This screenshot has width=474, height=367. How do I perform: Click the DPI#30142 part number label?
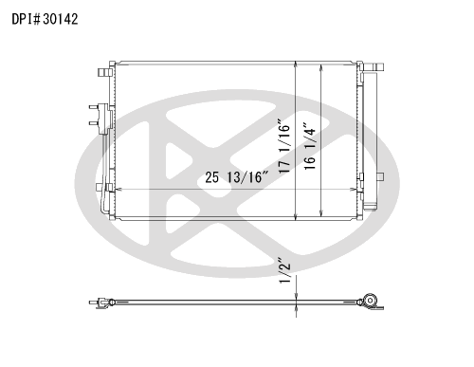click(x=45, y=19)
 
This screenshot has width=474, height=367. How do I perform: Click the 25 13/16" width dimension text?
click(x=237, y=177)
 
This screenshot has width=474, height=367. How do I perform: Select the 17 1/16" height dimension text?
click(x=284, y=146)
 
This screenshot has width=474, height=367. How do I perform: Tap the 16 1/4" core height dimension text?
click(x=310, y=146)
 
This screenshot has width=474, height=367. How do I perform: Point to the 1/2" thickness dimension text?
click(x=284, y=272)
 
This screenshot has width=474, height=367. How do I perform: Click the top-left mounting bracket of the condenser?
click(x=105, y=72)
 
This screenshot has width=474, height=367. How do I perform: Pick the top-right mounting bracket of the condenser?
click(x=374, y=67)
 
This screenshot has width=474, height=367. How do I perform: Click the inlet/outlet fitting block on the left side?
click(x=104, y=119)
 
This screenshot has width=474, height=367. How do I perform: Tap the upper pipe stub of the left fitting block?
click(x=94, y=107)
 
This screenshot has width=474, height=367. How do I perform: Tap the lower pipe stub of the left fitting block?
click(x=94, y=123)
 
